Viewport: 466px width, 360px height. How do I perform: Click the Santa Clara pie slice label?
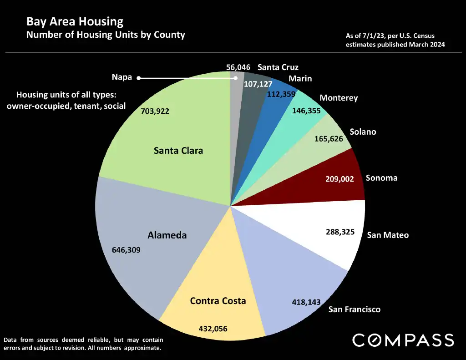178,150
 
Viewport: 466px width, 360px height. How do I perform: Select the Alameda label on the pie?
167,235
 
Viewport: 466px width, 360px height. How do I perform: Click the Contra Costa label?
218,301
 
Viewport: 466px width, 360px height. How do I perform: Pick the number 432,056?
213,328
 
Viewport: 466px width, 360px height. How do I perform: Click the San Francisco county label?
355,309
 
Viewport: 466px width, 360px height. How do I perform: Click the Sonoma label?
381,177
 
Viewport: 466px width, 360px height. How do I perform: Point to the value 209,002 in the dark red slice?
339,179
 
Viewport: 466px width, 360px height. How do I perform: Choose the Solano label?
363,132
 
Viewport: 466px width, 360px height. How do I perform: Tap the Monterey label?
339,98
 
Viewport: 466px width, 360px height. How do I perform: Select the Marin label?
300,78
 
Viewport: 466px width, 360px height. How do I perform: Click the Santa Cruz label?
278,67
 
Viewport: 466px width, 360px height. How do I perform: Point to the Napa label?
122,77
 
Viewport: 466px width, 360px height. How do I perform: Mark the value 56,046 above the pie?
238,67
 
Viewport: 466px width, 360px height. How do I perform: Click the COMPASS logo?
403,340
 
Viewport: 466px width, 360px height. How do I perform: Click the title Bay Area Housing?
75,21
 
